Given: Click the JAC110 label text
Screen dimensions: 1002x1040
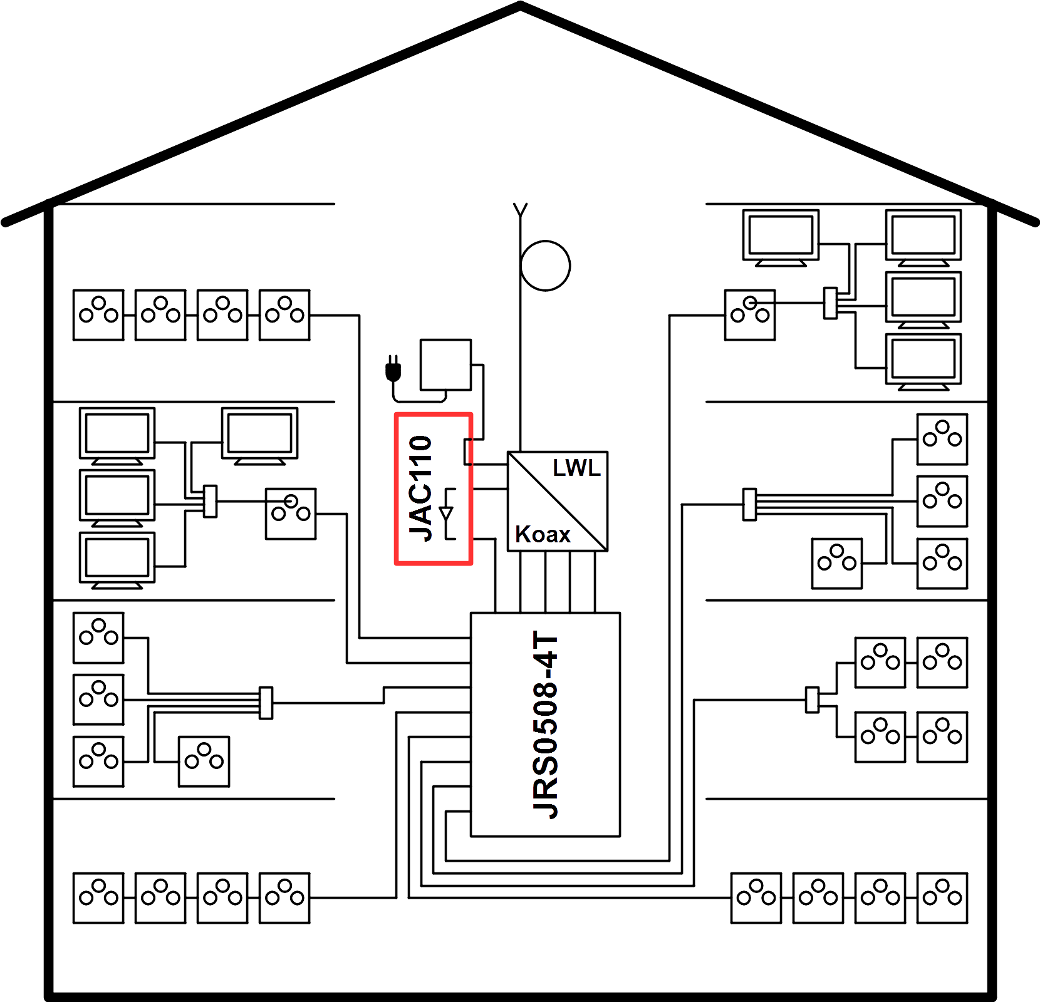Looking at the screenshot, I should pos(420,488).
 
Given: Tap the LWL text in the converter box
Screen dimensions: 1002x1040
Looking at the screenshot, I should pos(576,468).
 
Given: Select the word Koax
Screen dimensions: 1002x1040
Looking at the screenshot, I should pos(543,534).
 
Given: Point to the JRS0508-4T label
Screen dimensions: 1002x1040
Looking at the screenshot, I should pos(545,725).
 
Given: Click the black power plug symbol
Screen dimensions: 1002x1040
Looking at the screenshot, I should pos(393,369).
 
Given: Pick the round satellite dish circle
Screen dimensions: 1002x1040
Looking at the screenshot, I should pos(545,266).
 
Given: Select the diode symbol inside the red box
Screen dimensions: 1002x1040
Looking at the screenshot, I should pos(447,514).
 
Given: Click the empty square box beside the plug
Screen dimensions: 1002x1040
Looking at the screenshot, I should pos(445,364).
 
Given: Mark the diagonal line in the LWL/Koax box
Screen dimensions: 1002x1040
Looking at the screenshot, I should pos(558,501).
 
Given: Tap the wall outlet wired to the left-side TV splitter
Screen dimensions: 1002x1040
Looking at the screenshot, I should pos(291,514).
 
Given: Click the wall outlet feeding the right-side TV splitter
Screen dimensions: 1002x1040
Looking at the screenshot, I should pos(750,315).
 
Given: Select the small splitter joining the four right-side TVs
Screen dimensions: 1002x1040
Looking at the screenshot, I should pos(830,303).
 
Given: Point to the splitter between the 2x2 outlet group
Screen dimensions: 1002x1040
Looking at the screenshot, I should pos(812,700).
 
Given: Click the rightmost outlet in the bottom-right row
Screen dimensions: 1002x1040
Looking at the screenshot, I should pos(942,897).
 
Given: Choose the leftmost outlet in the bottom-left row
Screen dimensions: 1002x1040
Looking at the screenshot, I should pos(98,897).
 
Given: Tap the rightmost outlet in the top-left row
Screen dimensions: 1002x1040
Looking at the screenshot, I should pos(284,315).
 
